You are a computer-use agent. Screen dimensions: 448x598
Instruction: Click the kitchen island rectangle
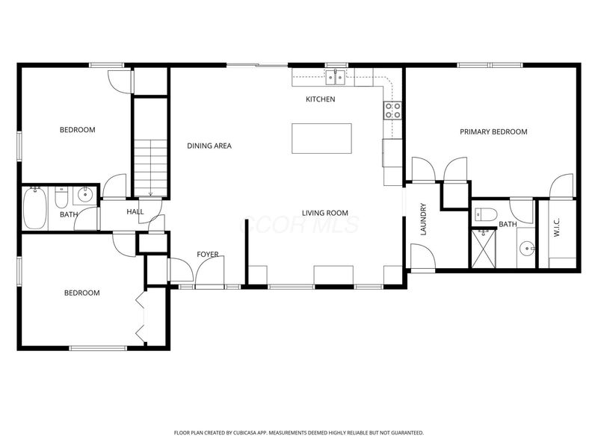click(x=321, y=138)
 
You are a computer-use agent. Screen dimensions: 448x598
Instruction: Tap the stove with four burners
click(x=392, y=111)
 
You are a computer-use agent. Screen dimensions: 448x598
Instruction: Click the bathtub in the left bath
click(x=35, y=209)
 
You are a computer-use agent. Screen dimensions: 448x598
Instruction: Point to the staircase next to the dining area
click(x=151, y=167)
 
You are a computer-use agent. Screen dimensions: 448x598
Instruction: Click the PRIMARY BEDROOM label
click(x=493, y=131)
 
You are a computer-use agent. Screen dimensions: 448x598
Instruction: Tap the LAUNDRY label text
click(x=423, y=220)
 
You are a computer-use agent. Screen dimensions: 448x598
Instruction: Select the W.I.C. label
click(x=557, y=227)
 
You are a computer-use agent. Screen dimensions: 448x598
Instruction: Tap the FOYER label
click(x=208, y=255)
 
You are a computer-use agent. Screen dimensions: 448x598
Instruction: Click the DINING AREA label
click(x=209, y=146)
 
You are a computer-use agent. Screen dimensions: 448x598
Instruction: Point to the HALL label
click(x=135, y=212)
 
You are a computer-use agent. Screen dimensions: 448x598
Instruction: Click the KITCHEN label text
click(x=320, y=99)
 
